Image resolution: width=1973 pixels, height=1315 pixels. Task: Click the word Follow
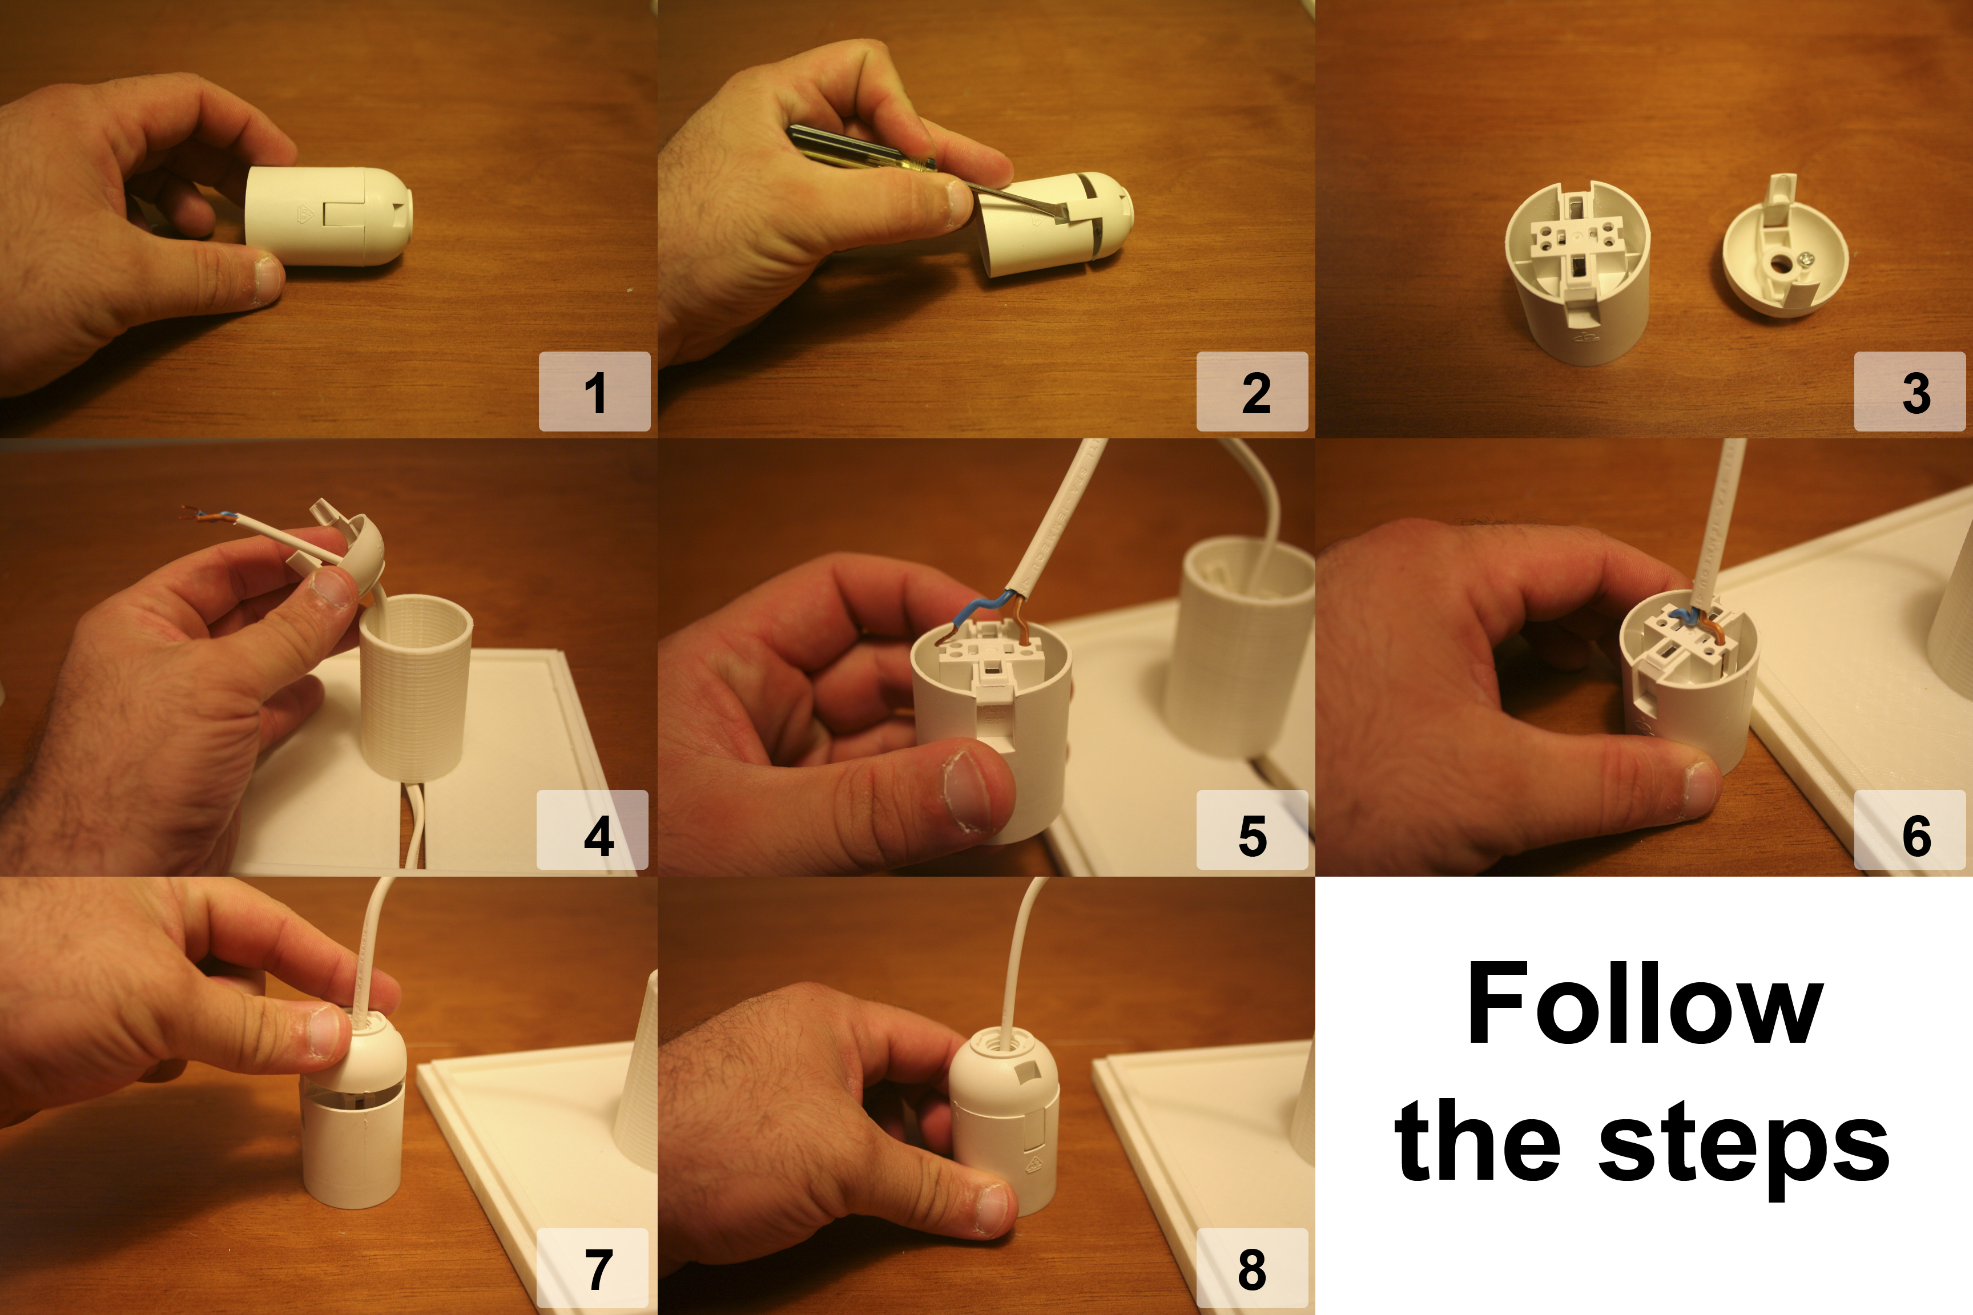point(1644,1003)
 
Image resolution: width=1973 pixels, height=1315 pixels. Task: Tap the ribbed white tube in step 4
point(416,686)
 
